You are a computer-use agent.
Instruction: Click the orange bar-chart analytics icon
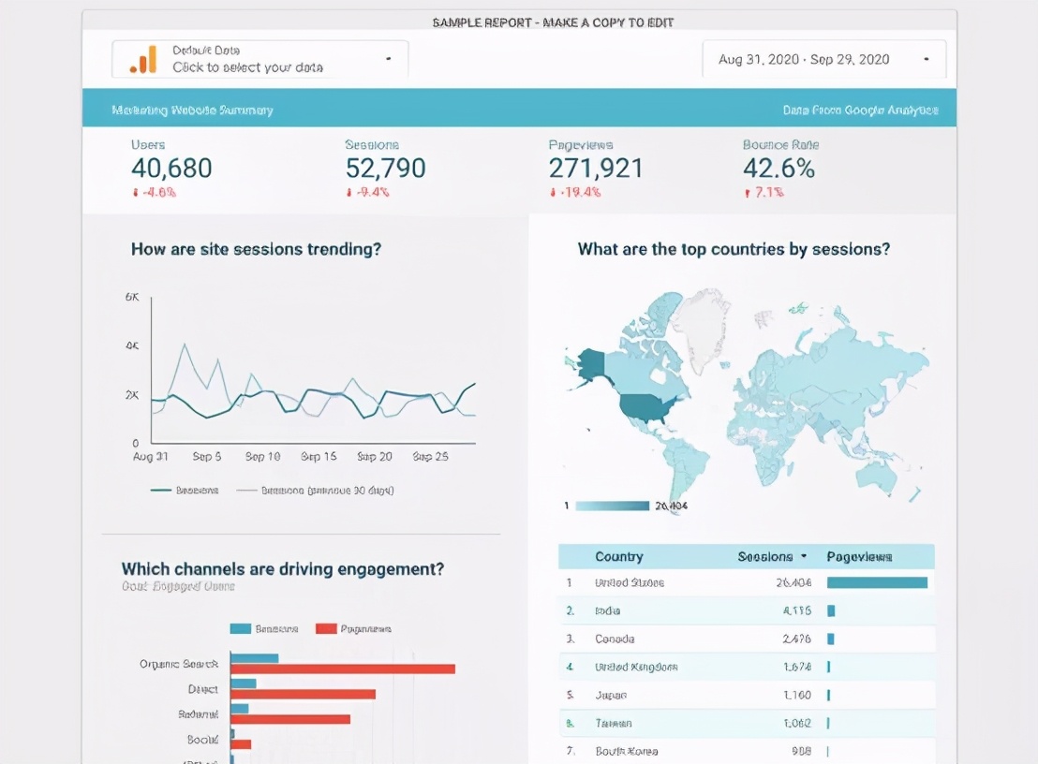pyautogui.click(x=143, y=59)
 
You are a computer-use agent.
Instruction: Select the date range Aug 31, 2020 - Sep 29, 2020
pyautogui.click(x=804, y=60)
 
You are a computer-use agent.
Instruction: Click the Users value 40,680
pyautogui.click(x=171, y=169)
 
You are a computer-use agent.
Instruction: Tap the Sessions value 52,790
pyautogui.click(x=385, y=169)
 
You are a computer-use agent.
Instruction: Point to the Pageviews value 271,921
pyautogui.click(x=596, y=169)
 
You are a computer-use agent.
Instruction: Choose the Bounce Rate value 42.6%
pyautogui.click(x=778, y=169)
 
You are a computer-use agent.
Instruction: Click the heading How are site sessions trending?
pyautogui.click(x=256, y=249)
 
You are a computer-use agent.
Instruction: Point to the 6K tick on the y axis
pyautogui.click(x=132, y=297)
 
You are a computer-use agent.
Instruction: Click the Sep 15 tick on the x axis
pyautogui.click(x=319, y=457)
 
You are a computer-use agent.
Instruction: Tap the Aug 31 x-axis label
pyautogui.click(x=151, y=457)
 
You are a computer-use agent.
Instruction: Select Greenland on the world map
pyautogui.click(x=701, y=328)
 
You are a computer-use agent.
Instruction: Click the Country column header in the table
pyautogui.click(x=618, y=556)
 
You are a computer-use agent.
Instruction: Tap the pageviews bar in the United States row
pyautogui.click(x=877, y=582)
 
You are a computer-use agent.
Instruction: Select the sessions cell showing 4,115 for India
pyautogui.click(x=797, y=610)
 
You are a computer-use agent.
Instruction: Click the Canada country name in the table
pyautogui.click(x=615, y=639)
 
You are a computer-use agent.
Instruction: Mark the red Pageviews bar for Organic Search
pyautogui.click(x=342, y=668)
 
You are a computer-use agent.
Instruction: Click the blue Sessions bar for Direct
pyautogui.click(x=243, y=683)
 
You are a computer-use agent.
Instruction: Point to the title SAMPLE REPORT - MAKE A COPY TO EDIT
pyautogui.click(x=553, y=22)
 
